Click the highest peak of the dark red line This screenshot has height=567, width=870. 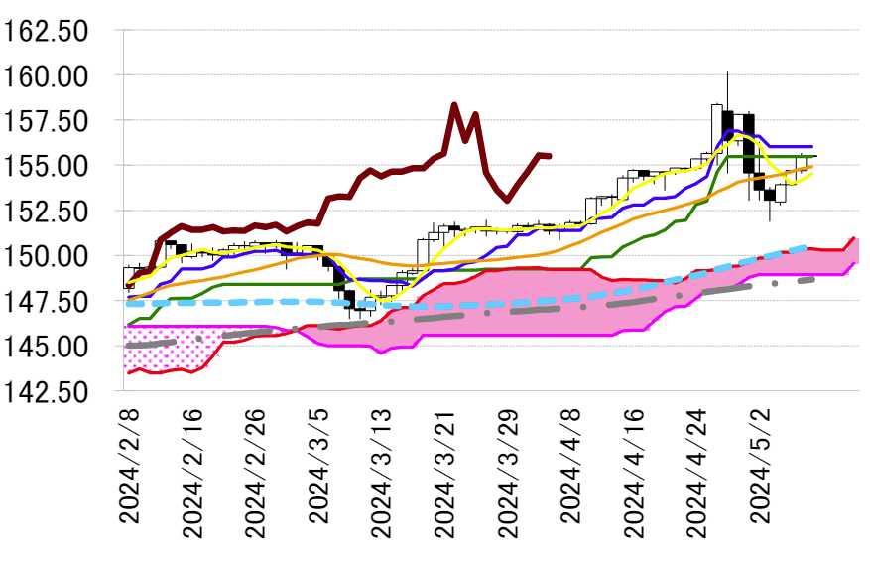coord(454,104)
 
